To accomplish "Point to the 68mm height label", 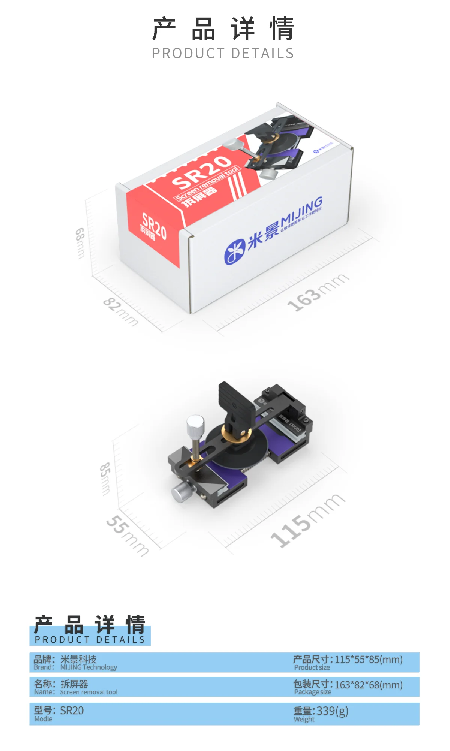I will point(80,243).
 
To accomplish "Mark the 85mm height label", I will point(105,478).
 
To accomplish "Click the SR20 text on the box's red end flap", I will point(154,226).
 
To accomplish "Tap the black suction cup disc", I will point(240,450).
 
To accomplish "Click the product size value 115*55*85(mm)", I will point(369,660).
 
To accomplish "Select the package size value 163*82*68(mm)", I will point(369,685).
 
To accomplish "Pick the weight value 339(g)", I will point(332,711).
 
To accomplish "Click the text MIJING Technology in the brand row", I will point(89,667).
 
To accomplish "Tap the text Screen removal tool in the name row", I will point(89,692).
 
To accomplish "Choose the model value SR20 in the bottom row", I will point(72,711).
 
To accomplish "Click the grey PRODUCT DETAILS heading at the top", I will point(223,54).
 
